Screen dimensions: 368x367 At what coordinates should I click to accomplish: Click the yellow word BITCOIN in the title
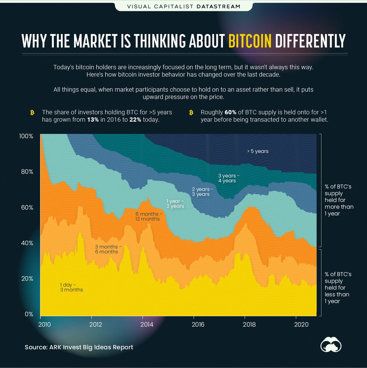tap(250, 41)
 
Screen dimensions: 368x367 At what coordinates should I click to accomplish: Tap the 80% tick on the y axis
tap(27, 172)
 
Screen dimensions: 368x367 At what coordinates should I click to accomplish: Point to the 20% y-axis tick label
tap(27, 279)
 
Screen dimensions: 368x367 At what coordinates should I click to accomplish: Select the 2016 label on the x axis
tap(198, 324)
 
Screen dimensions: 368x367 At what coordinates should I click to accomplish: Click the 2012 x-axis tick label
tap(96, 324)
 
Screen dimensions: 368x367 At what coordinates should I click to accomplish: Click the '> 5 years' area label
tap(258, 151)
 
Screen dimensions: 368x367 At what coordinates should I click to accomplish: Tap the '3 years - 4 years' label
tap(227, 178)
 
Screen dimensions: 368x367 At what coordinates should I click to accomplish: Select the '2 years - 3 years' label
tap(201, 192)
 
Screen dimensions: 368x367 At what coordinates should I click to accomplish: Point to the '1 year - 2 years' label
tap(175, 204)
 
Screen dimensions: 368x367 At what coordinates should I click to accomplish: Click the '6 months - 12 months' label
tap(147, 216)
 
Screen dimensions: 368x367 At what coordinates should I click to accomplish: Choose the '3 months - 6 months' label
tap(107, 249)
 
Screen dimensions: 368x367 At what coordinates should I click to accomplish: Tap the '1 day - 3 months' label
tap(71, 287)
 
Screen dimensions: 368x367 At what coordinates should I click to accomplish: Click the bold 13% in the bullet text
tap(93, 120)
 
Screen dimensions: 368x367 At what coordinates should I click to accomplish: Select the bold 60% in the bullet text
tap(230, 112)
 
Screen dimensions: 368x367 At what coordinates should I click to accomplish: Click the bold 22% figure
tap(135, 120)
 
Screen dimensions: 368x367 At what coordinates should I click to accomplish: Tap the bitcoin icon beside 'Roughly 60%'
tap(191, 113)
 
